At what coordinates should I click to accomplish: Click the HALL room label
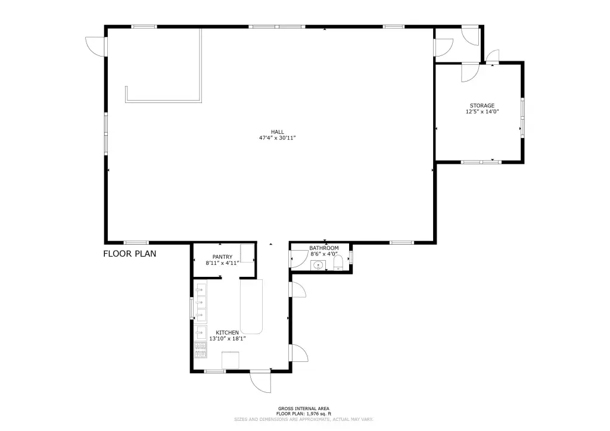[x=278, y=132]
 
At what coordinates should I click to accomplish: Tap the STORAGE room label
[x=482, y=106]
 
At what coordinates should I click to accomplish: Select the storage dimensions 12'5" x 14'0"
[x=482, y=112]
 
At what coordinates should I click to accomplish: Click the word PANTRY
[x=223, y=257]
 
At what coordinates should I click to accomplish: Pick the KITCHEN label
[x=227, y=333]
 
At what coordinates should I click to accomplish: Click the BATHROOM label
[x=324, y=248]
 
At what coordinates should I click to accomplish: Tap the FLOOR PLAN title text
[x=129, y=254]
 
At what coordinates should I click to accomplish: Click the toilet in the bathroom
[x=338, y=263]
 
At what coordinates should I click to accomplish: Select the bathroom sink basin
[x=319, y=266]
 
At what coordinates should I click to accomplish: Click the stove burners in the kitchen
[x=201, y=350]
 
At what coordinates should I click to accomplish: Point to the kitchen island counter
[x=251, y=306]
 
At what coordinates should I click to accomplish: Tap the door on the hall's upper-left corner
[x=96, y=46]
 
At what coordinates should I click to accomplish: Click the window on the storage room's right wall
[x=522, y=117]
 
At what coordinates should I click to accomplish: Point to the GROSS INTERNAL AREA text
[x=303, y=408]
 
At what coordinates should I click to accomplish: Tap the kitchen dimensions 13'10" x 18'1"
[x=227, y=339]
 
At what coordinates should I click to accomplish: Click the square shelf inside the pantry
[x=247, y=254]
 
